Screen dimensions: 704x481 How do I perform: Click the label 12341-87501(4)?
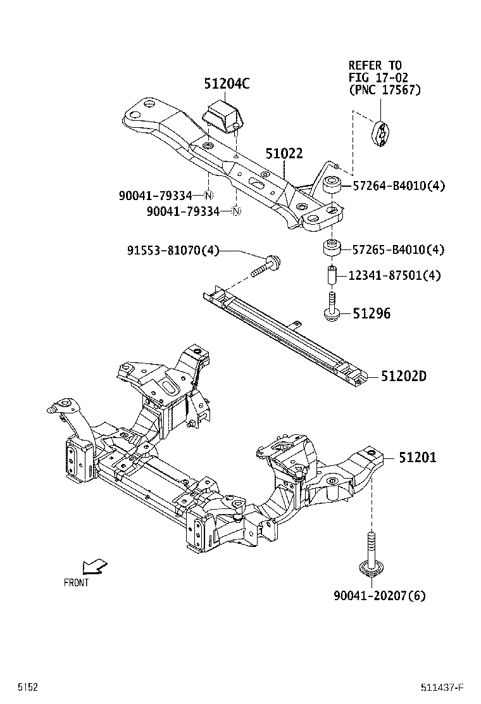[x=395, y=275]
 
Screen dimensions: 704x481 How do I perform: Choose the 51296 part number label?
[x=372, y=313]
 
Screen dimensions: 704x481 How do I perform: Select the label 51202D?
[x=404, y=377]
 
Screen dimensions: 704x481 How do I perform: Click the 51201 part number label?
[x=417, y=458]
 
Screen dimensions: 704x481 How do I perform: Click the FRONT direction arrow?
[x=94, y=565]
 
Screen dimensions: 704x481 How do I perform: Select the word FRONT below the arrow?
[x=77, y=582]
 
